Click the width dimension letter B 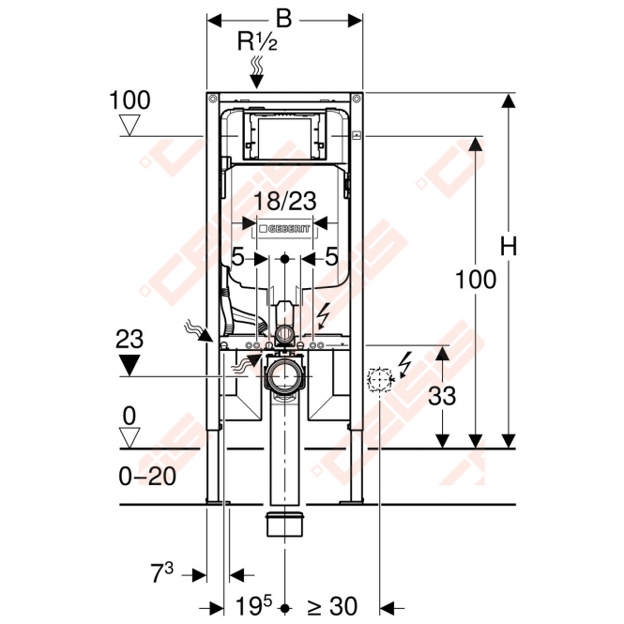tap(284, 19)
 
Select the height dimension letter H tap(509, 246)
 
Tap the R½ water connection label tap(257, 41)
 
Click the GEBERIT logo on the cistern tap(284, 229)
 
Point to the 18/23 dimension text tap(284, 201)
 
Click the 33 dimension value tap(442, 396)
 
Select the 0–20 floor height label tap(147, 476)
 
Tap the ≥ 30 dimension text tap(332, 606)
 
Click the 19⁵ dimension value tap(253, 605)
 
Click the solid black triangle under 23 tap(129, 365)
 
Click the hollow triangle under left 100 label tap(129, 126)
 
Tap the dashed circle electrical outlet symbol tap(380, 380)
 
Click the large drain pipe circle tap(284, 375)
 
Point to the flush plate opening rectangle tap(284, 137)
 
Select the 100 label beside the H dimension tap(476, 279)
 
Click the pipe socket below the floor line tap(284, 524)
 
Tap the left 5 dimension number tap(237, 257)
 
